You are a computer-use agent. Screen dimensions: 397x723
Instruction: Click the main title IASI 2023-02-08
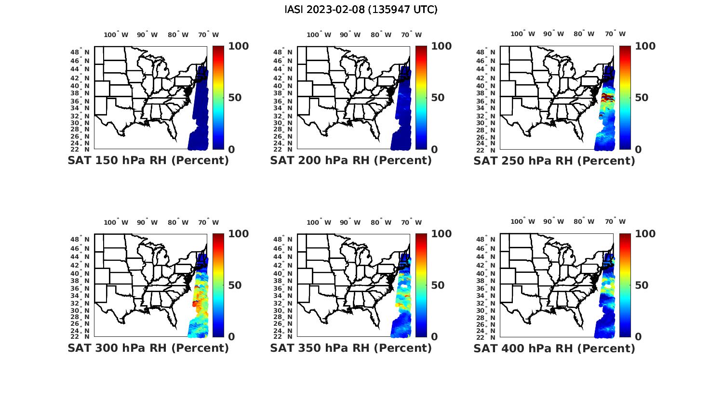361,10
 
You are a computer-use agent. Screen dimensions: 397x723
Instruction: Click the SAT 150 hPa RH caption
148,161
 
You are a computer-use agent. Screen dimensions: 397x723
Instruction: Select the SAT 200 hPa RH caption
351,161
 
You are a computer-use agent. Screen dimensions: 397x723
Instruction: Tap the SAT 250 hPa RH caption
554,161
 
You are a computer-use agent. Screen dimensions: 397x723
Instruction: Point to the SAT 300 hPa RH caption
148,348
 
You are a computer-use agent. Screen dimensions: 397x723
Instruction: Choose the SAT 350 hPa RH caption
351,348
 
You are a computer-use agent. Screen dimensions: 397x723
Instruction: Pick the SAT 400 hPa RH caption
554,348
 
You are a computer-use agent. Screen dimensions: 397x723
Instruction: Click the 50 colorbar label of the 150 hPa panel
235,98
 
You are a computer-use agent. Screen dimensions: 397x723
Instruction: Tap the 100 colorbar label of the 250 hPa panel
645,46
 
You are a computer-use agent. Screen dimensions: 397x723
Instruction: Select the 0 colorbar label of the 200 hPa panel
434,150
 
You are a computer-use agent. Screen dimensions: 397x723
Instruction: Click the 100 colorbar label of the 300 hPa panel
239,234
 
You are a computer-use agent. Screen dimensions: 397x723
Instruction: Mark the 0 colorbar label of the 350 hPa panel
434,337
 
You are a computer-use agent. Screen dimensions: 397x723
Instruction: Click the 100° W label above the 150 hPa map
116,35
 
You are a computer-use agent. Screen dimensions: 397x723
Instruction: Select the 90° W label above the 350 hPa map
350,222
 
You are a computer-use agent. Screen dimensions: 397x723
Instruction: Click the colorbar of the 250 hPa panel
625,98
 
